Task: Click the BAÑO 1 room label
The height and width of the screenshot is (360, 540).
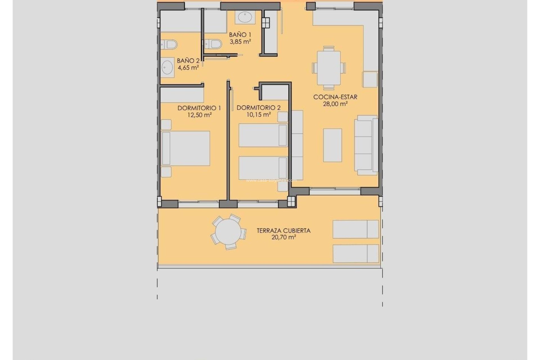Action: [240, 35]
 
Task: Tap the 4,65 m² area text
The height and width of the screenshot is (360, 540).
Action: [188, 68]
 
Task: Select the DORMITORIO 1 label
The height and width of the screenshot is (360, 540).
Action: [199, 108]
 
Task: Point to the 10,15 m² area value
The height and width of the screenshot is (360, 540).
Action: [258, 115]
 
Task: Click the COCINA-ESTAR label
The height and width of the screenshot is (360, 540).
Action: [335, 97]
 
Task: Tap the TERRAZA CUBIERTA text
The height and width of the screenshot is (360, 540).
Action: [283, 231]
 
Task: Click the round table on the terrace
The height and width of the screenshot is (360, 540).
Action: [228, 232]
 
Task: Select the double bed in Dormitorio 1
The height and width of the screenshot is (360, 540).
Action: [186, 148]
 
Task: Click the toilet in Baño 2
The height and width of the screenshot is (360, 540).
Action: [170, 44]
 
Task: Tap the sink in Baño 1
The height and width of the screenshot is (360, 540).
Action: [245, 17]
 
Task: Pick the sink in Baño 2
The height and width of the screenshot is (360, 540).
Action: [167, 67]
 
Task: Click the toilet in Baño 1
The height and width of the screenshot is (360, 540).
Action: [214, 44]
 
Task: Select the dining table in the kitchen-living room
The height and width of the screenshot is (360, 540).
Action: [328, 68]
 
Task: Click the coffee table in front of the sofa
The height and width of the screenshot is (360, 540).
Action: [332, 145]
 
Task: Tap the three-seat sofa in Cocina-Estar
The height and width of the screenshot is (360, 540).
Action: [366, 145]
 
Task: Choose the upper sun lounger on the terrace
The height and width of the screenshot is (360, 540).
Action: [355, 229]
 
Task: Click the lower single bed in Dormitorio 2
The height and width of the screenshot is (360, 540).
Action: [263, 168]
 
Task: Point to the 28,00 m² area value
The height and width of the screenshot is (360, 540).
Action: [335, 104]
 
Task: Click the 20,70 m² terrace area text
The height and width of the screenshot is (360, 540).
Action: [283, 237]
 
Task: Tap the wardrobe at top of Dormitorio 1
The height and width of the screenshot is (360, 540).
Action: [182, 95]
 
